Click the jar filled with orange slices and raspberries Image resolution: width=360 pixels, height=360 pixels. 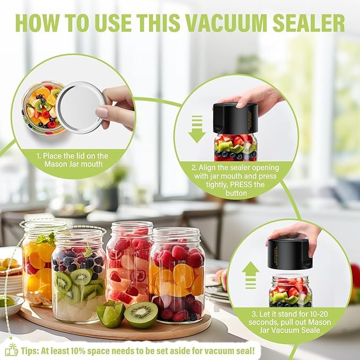pyautogui.click(x=177, y=275)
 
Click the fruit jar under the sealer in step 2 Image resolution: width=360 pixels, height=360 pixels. pyautogui.click(x=236, y=147)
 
